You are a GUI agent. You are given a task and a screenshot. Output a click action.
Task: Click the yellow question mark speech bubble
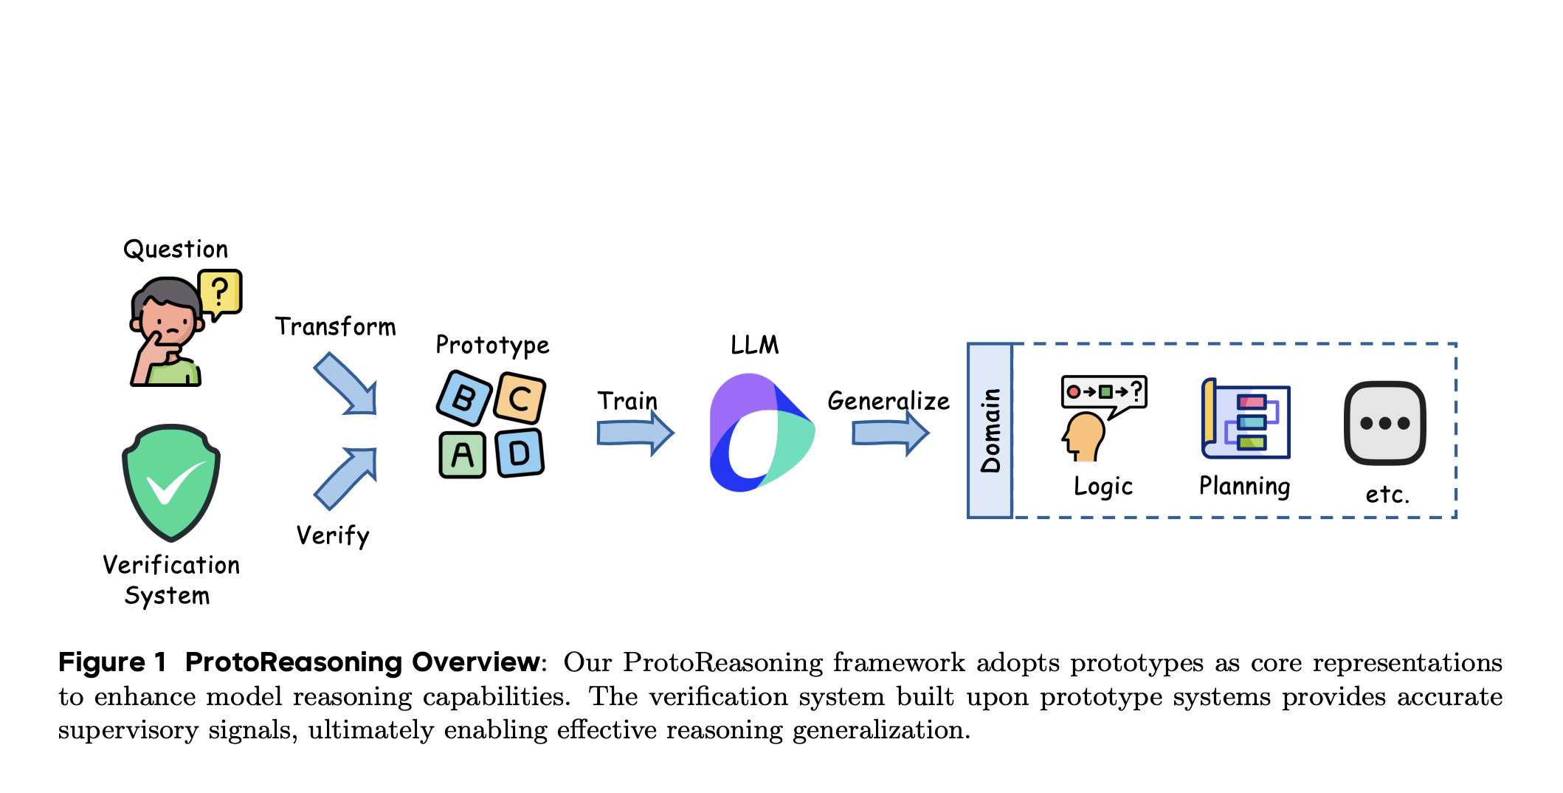tap(220, 292)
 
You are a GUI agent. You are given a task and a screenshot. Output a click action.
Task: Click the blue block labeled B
tap(464, 398)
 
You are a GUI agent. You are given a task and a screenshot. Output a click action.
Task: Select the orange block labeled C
tap(520, 399)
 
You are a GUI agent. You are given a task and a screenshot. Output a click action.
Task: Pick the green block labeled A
tap(463, 455)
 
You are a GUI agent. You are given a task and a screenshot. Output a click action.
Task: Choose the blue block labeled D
tap(520, 453)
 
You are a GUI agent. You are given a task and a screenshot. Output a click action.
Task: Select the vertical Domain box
tap(990, 430)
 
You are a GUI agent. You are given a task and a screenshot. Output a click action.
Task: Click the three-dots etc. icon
tap(1384, 423)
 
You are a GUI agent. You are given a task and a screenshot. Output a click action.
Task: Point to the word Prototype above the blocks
tap(492, 345)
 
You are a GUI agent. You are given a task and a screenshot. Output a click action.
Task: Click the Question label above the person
tap(176, 250)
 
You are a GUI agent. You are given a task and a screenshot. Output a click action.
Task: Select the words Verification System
tap(170, 580)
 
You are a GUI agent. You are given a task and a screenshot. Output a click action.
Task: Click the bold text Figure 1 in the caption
tap(112, 662)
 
